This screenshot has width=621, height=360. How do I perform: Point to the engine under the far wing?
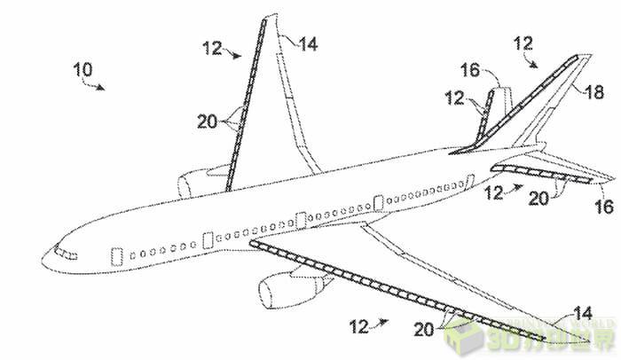click(196, 184)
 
